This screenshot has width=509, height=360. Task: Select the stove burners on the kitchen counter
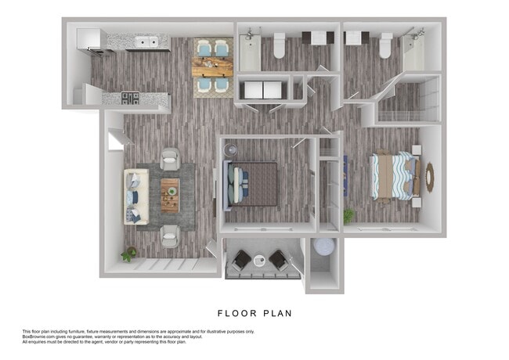(x=131, y=98)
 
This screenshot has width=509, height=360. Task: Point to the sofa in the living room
(x=135, y=196)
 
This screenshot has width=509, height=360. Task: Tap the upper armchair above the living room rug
(x=169, y=160)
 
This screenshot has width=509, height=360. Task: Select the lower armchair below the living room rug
(x=170, y=232)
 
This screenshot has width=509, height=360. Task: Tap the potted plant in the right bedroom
(x=348, y=214)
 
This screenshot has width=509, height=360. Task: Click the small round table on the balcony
(x=259, y=261)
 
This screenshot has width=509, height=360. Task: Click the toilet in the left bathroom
(x=278, y=49)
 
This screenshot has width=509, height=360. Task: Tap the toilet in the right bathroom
(x=384, y=49)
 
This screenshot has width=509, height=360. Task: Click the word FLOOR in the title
(x=232, y=314)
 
